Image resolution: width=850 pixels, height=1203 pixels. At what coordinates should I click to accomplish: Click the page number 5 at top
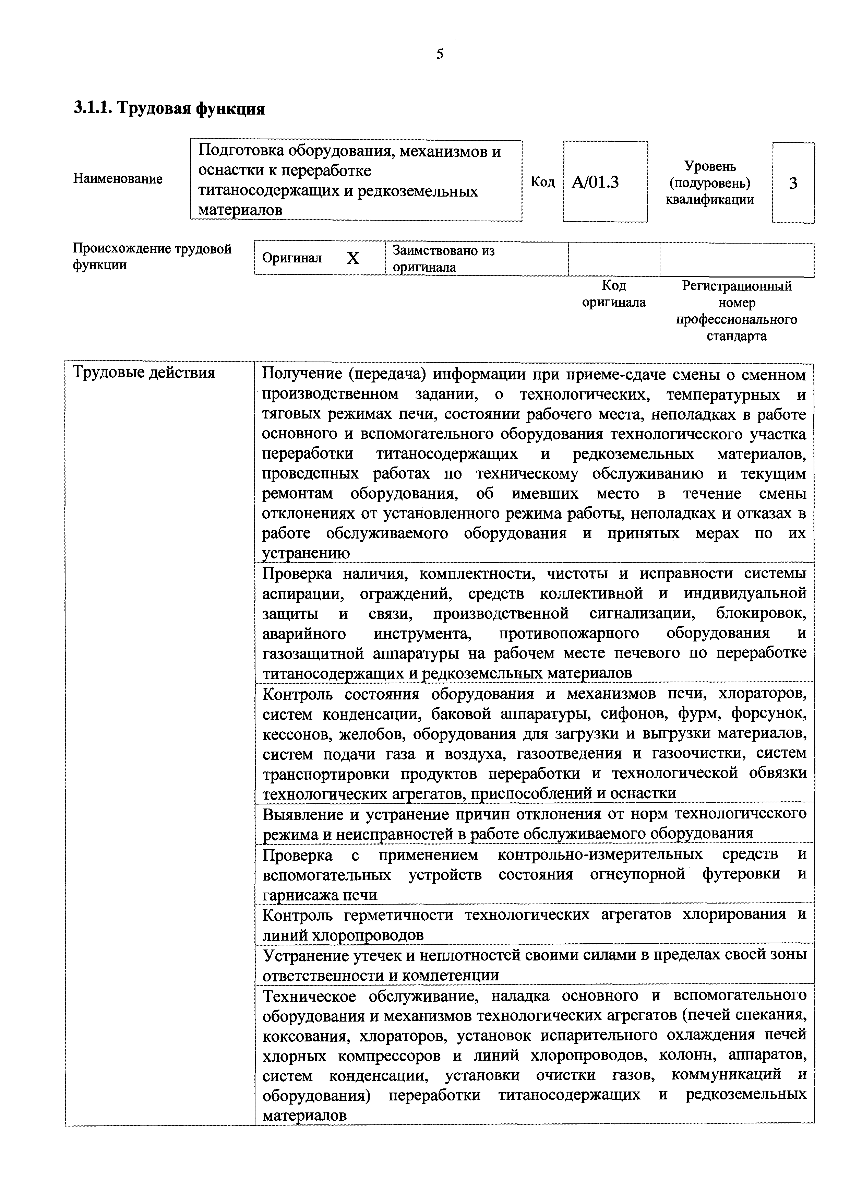click(440, 54)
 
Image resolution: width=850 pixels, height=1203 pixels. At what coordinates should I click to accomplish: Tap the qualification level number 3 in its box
click(793, 184)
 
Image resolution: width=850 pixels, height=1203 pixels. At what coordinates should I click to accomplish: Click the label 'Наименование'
click(118, 179)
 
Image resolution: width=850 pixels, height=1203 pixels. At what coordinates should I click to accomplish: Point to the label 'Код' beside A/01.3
click(542, 182)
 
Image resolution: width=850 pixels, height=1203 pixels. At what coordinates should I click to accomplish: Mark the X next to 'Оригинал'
click(354, 258)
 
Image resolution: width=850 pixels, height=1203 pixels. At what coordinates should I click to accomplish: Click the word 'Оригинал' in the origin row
click(292, 258)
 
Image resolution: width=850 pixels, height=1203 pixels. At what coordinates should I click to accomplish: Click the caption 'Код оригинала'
click(614, 294)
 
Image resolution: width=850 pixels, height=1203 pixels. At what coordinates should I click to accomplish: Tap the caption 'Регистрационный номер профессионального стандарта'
click(737, 311)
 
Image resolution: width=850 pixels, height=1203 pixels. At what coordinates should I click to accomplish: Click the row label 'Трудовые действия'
click(144, 373)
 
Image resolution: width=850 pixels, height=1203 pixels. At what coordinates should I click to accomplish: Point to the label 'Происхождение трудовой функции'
click(152, 256)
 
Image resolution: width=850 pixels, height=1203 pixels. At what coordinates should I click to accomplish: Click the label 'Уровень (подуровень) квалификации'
click(710, 183)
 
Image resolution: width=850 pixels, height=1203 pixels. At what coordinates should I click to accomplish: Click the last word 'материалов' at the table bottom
click(304, 1116)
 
